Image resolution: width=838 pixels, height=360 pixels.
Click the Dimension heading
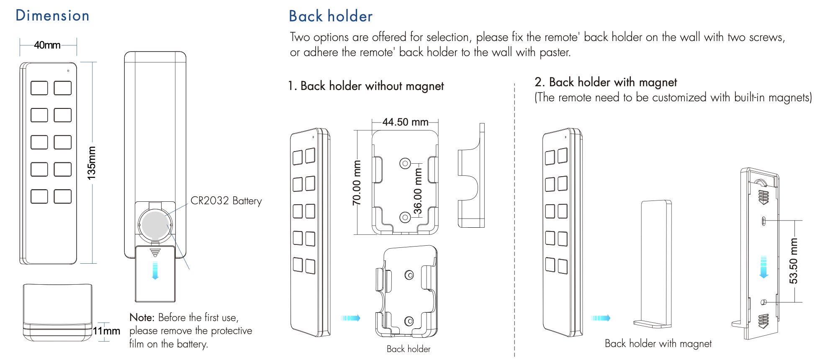pyautogui.click(x=52, y=16)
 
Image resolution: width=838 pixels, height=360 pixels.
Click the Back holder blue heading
pyautogui.click(x=330, y=16)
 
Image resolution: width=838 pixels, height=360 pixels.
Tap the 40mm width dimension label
pyautogui.click(x=47, y=45)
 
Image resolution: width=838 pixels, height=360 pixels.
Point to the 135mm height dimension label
pyautogui.click(x=91, y=163)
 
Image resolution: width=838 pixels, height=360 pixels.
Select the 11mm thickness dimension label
pyautogui.click(x=106, y=331)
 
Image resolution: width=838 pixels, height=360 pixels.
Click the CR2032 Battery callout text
pyautogui.click(x=226, y=201)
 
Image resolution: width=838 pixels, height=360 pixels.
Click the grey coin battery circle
pyautogui.click(x=155, y=225)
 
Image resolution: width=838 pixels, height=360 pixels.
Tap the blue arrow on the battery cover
pyautogui.click(x=155, y=270)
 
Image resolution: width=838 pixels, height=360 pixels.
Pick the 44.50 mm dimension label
pyautogui.click(x=405, y=122)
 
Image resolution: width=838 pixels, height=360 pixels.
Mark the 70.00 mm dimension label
pyautogui.click(x=357, y=183)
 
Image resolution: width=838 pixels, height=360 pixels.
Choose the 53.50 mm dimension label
pyautogui.click(x=793, y=261)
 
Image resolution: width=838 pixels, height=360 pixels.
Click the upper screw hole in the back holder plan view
pyautogui.click(x=405, y=163)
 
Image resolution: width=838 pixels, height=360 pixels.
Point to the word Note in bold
pyautogui.click(x=141, y=317)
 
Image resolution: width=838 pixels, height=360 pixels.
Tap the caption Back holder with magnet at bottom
pyautogui.click(x=658, y=344)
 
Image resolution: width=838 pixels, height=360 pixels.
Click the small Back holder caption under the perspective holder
pyautogui.click(x=408, y=349)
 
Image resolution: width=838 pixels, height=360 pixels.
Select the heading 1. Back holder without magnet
pyautogui.click(x=365, y=86)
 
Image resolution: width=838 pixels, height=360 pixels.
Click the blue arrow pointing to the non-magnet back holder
pyautogui.click(x=351, y=318)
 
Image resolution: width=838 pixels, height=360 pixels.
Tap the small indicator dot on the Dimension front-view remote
pyautogui.click(x=68, y=71)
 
